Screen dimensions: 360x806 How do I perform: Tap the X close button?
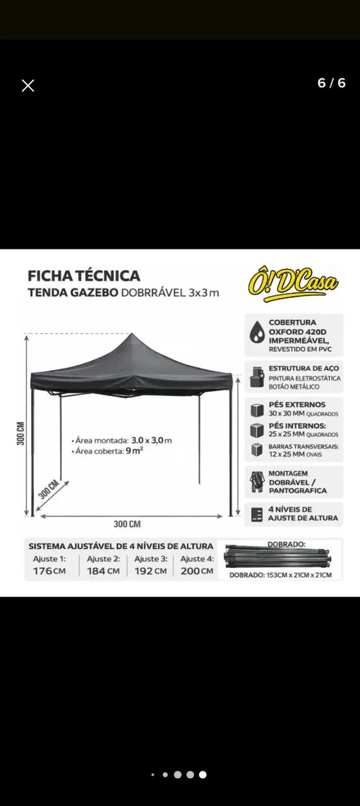tap(28, 86)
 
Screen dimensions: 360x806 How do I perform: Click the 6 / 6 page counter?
tap(331, 83)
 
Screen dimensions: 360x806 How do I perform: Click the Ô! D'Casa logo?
tap(293, 281)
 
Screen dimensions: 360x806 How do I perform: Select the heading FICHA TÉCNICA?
tap(84, 276)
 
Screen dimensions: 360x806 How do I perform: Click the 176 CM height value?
tap(49, 571)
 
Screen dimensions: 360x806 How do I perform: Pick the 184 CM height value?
tap(103, 571)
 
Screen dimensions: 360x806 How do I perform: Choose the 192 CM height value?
tap(150, 571)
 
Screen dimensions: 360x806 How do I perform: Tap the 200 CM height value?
tap(197, 571)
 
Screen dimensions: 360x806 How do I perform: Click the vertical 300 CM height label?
tap(21, 433)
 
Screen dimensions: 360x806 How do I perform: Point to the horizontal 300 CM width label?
tap(127, 524)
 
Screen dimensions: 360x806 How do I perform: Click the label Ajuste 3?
tap(150, 559)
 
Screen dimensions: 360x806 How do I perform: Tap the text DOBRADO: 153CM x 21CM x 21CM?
tap(280, 575)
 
